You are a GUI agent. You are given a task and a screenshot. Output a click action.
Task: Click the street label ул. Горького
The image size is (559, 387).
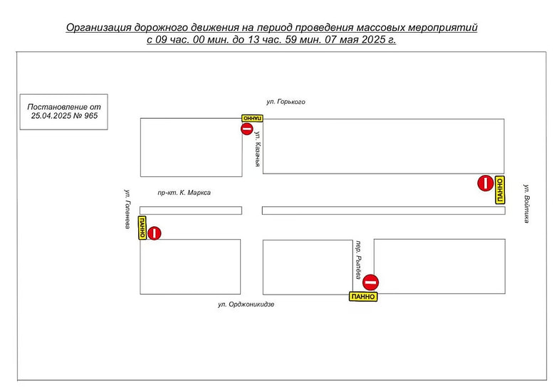coord(286,102)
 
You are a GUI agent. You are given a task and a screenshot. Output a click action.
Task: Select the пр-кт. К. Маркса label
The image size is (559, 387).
coord(184,193)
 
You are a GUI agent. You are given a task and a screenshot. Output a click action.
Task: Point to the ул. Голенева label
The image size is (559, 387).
coord(127,208)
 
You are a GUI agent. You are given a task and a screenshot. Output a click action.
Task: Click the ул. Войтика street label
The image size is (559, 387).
coord(526,203)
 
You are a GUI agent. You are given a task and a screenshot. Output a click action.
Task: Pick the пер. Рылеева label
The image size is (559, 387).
coord(358,260)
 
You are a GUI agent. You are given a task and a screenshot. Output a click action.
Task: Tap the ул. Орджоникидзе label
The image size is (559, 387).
coord(246,304)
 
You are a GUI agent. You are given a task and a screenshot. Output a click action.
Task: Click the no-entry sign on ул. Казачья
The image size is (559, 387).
coord(246,129)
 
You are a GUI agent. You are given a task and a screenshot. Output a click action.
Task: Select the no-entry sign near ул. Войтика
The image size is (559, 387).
coord(485,183)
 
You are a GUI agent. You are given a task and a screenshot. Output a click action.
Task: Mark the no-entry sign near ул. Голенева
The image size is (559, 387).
coord(154,233)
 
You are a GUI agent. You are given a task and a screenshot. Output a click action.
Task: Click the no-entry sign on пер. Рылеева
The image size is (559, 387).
coord(371,282)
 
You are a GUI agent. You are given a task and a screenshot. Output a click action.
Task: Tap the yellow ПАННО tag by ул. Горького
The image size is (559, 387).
coord(252,118)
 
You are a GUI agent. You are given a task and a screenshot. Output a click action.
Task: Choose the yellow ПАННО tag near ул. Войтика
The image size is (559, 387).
coord(500,190)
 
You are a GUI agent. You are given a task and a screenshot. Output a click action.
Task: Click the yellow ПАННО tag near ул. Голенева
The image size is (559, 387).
coord(142,228)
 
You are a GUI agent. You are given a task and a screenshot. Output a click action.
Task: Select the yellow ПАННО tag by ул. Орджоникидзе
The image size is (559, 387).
coord(363,297)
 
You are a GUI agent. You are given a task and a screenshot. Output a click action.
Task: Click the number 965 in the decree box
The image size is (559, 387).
coord(91,116)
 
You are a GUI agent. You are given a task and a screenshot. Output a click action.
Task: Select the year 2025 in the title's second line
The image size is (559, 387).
coord(374,39)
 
